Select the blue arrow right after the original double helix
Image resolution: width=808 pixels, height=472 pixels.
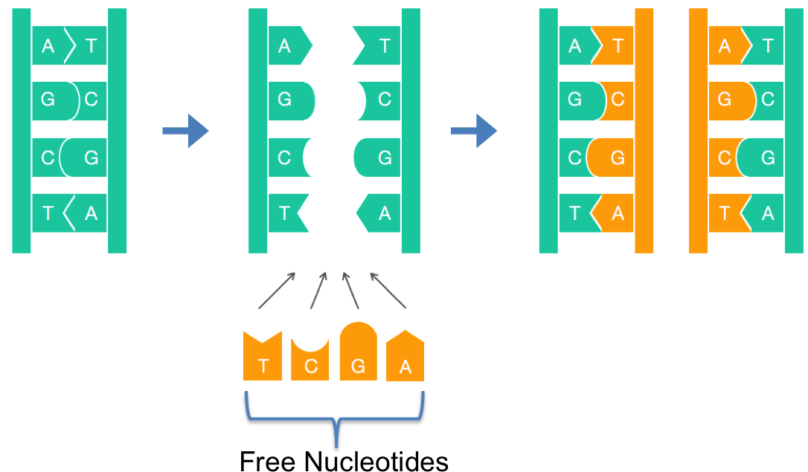tap(185, 131)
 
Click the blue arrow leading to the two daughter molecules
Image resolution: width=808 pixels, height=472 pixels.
tap(473, 131)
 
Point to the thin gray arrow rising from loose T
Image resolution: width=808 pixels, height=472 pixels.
tap(277, 291)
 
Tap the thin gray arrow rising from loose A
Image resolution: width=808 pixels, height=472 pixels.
tap(388, 291)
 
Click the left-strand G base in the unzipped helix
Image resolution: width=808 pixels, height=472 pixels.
tap(289, 100)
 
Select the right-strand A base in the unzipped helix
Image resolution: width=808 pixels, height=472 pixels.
tap(379, 213)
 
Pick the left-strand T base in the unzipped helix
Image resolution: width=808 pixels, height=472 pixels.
tap(286, 213)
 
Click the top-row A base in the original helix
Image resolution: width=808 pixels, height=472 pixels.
tap(48, 46)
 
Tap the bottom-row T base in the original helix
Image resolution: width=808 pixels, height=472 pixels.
tap(48, 213)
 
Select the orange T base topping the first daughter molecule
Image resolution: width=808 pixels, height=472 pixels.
tap(615, 46)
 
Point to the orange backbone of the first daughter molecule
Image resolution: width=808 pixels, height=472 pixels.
tap(644, 131)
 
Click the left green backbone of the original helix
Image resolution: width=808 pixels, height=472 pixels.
tap(22, 131)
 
